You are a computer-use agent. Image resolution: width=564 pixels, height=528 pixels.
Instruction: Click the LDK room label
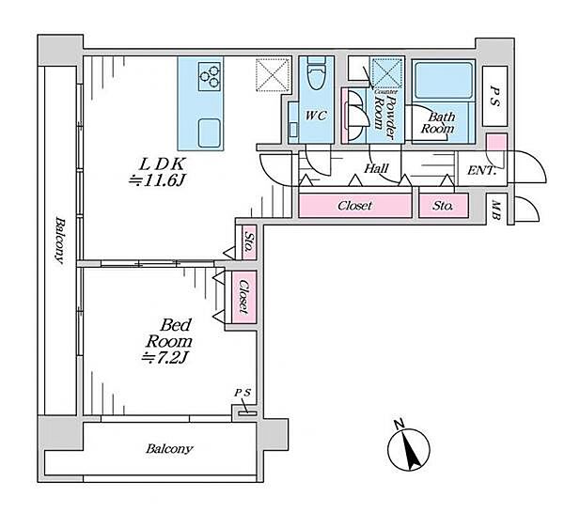[162, 164]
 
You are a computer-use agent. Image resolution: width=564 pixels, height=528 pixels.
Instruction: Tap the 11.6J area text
[157, 180]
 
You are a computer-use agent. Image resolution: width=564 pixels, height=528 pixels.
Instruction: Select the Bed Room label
[168, 334]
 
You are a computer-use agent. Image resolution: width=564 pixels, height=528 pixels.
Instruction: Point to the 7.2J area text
[165, 358]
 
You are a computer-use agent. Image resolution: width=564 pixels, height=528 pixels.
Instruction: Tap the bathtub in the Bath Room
[444, 81]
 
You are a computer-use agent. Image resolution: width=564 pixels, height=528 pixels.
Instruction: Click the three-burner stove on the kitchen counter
[210, 76]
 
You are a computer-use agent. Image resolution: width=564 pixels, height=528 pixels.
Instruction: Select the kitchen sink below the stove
[209, 132]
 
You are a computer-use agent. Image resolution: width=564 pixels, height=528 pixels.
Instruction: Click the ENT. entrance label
[482, 171]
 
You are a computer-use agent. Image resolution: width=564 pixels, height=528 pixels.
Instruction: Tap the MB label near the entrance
[496, 210]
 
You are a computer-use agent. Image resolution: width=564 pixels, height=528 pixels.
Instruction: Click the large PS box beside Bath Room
[495, 96]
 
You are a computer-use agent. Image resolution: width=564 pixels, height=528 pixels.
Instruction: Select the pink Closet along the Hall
[355, 206]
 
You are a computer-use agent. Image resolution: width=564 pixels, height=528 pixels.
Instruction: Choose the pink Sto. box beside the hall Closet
[444, 206]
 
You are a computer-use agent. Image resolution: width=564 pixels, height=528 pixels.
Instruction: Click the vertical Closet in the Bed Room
[243, 297]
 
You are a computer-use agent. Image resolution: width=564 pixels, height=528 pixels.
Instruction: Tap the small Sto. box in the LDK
[248, 241]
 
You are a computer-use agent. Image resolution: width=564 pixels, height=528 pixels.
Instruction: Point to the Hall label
[376, 168]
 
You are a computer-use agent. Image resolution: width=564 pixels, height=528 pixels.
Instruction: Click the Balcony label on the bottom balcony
[169, 449]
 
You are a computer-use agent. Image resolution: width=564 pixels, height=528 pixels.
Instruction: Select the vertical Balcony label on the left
[60, 240]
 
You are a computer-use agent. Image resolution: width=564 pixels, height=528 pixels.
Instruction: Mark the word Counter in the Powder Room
[385, 92]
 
